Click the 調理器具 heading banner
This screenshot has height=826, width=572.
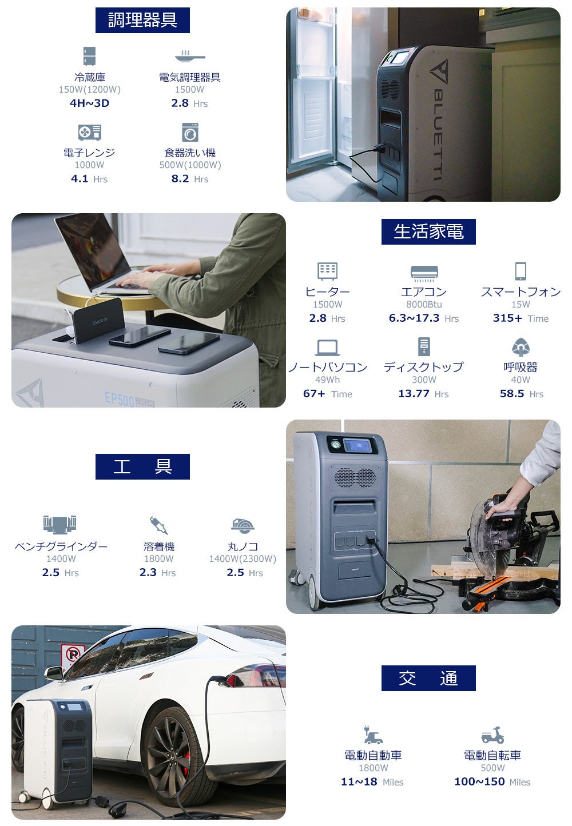(142, 20)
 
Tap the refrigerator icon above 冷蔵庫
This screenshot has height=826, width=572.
(90, 56)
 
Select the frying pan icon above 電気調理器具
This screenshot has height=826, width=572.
(190, 57)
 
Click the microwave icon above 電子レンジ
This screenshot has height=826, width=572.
(90, 132)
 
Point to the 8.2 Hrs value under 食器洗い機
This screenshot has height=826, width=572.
(190, 179)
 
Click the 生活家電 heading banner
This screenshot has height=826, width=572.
(428, 232)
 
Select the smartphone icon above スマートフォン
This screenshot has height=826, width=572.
(521, 271)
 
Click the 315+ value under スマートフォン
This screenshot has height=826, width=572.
(507, 318)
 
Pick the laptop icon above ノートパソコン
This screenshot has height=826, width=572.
(327, 348)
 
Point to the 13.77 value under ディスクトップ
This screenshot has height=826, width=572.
(414, 393)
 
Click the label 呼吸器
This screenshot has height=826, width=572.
(521, 367)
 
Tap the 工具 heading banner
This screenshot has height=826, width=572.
(142, 466)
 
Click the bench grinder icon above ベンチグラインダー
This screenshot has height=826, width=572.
(60, 524)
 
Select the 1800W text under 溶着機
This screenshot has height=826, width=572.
(158, 558)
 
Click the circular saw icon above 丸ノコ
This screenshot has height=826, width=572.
(243, 525)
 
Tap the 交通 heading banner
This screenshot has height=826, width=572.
(428, 678)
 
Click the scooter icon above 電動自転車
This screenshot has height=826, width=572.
(492, 735)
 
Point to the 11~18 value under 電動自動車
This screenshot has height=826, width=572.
(359, 781)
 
